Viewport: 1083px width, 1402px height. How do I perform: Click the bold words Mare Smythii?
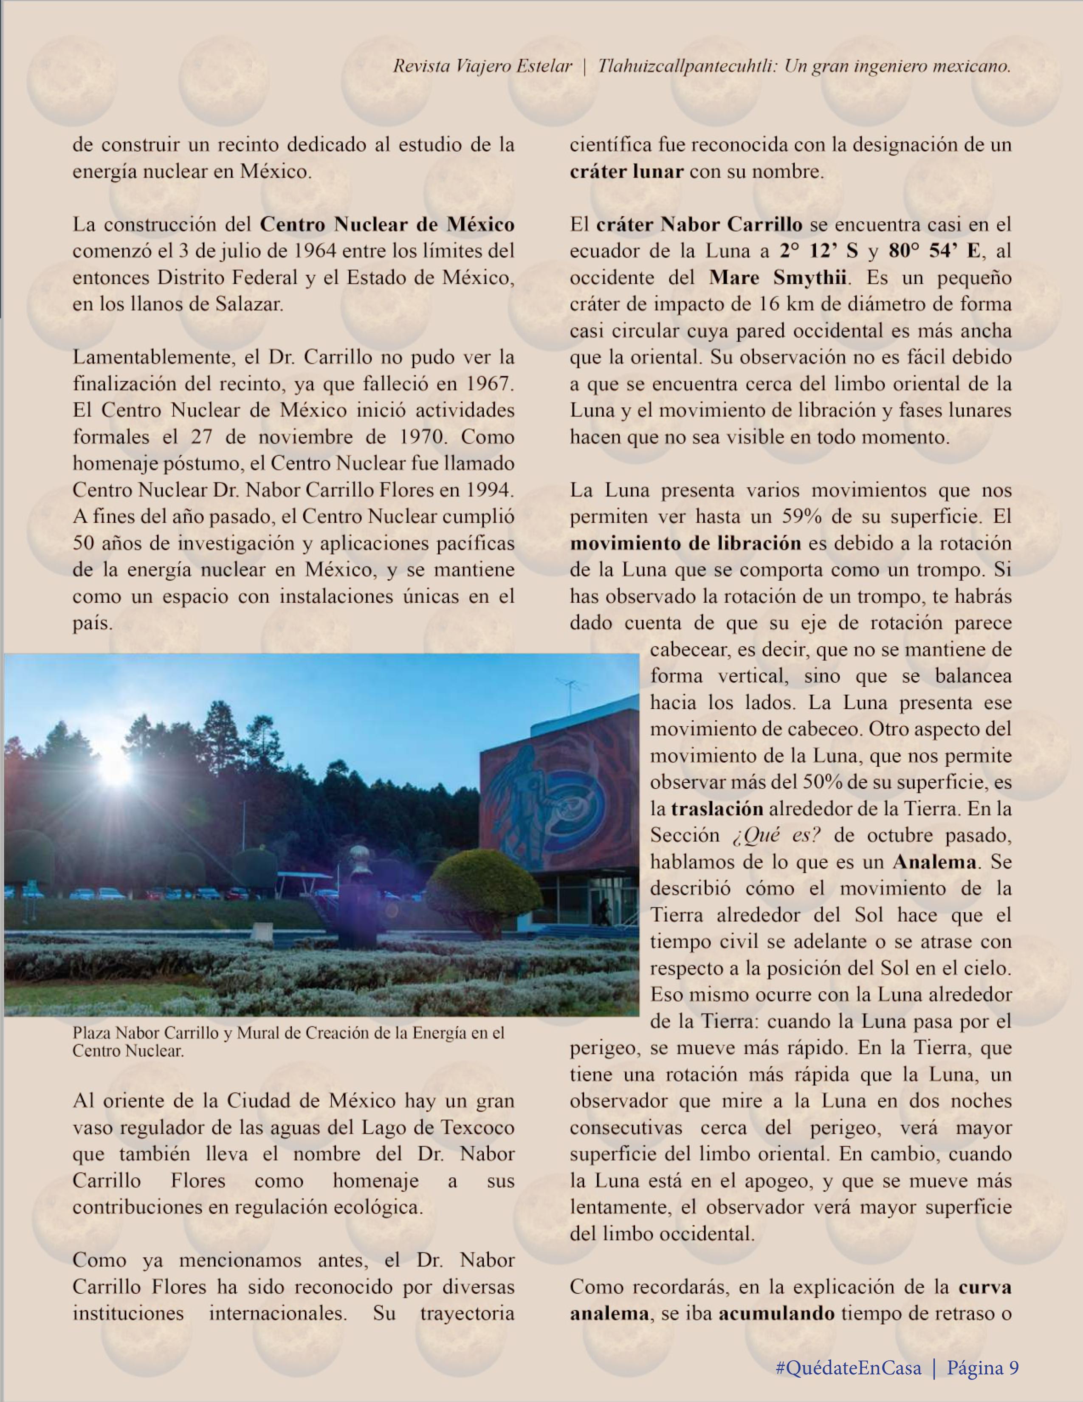point(777,278)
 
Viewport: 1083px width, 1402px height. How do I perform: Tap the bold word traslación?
point(717,809)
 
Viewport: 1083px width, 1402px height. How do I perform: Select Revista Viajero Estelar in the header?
point(482,67)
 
